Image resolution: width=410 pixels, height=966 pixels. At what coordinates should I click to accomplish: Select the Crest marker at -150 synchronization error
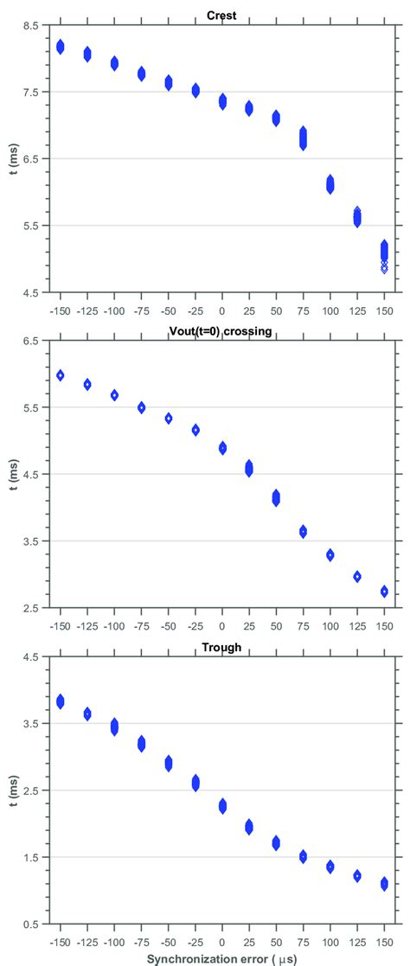tap(61, 47)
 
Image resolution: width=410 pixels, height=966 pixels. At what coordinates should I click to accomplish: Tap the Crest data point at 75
tap(304, 138)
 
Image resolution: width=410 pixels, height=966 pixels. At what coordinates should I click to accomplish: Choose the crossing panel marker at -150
tap(61, 375)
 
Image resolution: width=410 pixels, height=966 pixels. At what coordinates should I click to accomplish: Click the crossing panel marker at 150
tap(384, 592)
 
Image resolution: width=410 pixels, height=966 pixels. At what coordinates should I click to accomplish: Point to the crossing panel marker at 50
tap(276, 497)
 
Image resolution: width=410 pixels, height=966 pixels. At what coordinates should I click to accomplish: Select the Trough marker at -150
tap(61, 701)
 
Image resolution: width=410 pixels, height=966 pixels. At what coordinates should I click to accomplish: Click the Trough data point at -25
tap(195, 783)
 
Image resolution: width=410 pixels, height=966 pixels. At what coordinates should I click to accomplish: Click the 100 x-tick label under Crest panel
tap(330, 308)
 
